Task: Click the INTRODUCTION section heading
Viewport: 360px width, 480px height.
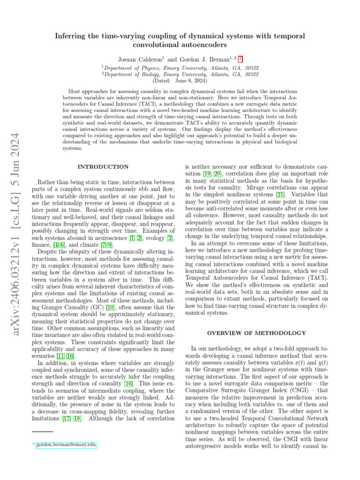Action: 103,166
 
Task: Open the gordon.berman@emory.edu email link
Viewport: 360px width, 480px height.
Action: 66,444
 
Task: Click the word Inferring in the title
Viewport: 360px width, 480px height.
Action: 71,36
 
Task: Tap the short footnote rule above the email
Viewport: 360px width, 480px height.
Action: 43,431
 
